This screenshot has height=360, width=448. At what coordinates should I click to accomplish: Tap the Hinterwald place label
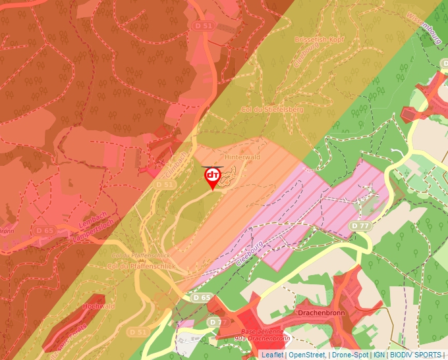242,158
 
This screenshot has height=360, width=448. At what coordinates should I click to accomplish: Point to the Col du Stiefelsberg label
272,109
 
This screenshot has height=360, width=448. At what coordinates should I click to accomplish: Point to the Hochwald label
99,306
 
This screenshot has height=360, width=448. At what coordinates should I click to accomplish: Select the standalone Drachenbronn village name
321,313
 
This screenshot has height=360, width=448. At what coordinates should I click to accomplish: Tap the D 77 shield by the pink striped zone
360,225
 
